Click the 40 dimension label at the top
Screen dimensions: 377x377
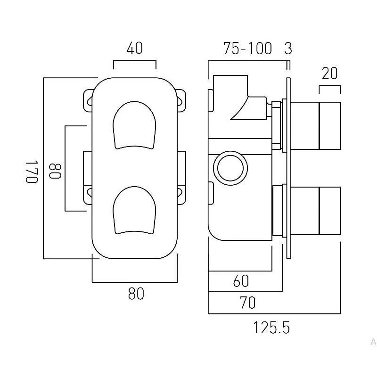(x=135, y=48)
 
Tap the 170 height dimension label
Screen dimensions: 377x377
(x=32, y=172)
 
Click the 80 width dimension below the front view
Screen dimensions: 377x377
(x=136, y=294)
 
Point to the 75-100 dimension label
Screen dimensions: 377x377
(x=248, y=49)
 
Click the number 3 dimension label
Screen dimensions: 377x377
(x=288, y=49)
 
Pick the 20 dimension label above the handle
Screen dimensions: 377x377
(x=330, y=74)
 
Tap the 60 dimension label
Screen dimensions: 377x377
(x=241, y=281)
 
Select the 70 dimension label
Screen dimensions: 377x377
(x=247, y=303)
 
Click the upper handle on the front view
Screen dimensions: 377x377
(x=134, y=124)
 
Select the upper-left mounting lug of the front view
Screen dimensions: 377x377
(x=88, y=99)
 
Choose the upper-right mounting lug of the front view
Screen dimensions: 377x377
(x=181, y=99)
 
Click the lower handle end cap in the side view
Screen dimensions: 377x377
(x=330, y=210)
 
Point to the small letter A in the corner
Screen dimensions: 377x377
(x=373, y=342)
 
